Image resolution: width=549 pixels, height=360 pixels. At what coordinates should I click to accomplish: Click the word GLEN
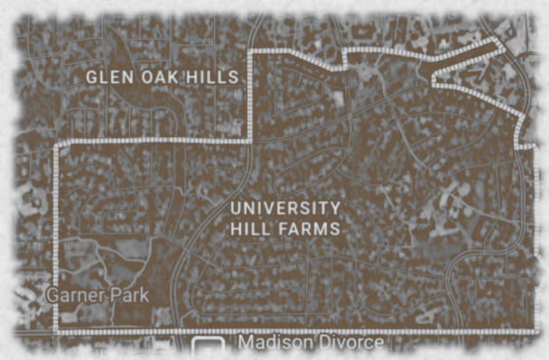tap(107, 78)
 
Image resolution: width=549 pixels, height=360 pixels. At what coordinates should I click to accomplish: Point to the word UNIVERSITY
tap(285, 208)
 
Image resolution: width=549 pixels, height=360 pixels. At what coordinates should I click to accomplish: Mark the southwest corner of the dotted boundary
tap(57, 331)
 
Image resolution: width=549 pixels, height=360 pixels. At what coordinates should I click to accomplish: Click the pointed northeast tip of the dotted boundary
tap(498, 42)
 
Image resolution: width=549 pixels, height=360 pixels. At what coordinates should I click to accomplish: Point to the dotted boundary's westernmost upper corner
tap(57, 143)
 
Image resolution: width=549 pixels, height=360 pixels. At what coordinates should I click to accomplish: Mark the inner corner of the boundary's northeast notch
tap(433, 79)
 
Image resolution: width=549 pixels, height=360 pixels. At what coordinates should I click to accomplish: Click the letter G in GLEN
tap(91, 78)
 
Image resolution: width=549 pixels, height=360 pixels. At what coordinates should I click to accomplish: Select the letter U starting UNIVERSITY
tap(236, 208)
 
